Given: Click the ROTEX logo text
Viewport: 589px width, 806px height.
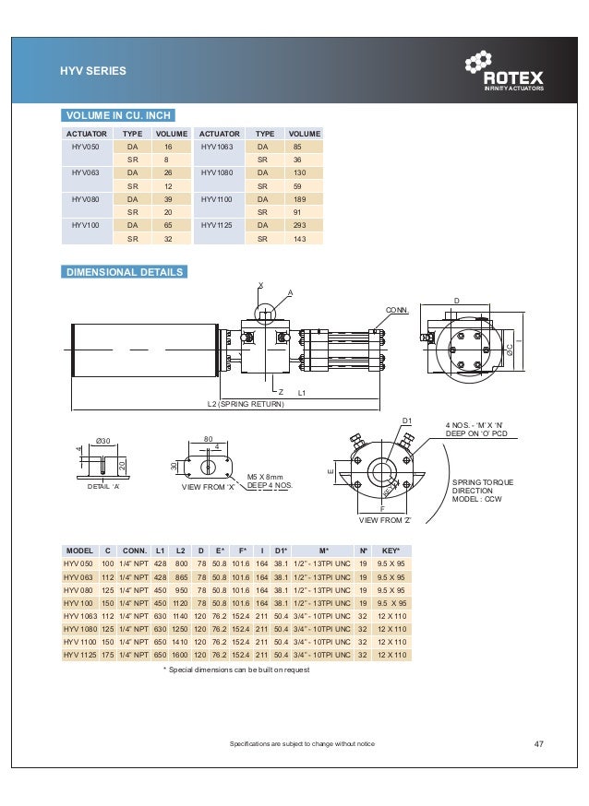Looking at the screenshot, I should (x=514, y=78).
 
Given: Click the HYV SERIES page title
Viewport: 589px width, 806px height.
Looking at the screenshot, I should (x=93, y=71).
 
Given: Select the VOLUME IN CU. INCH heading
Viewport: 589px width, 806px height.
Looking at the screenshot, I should (x=116, y=115).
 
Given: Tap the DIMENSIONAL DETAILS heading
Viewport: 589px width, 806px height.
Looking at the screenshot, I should (x=124, y=272).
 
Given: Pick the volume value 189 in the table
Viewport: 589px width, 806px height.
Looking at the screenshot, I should (x=296, y=198).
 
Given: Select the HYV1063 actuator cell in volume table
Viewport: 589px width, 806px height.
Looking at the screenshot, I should (x=219, y=147).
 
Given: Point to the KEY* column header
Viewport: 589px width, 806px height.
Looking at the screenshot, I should (x=390, y=549).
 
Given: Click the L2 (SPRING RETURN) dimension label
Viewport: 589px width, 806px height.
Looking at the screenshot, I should (x=246, y=404).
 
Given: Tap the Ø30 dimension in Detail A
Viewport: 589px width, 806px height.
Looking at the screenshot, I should (x=104, y=441).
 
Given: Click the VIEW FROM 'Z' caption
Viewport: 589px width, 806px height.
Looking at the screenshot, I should (x=381, y=520).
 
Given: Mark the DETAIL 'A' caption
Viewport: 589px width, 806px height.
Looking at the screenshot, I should (x=104, y=485).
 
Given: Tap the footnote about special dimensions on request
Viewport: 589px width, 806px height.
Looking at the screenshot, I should (x=236, y=670).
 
